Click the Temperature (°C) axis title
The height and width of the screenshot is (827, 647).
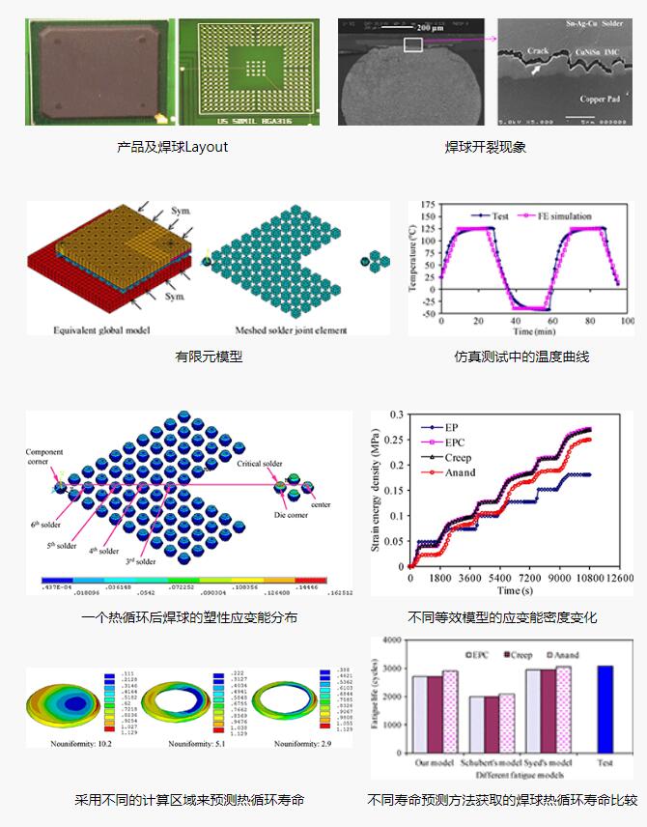[x=414, y=258]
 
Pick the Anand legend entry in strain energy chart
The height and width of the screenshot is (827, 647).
[x=461, y=471]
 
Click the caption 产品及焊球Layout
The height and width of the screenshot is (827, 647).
[x=172, y=147]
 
